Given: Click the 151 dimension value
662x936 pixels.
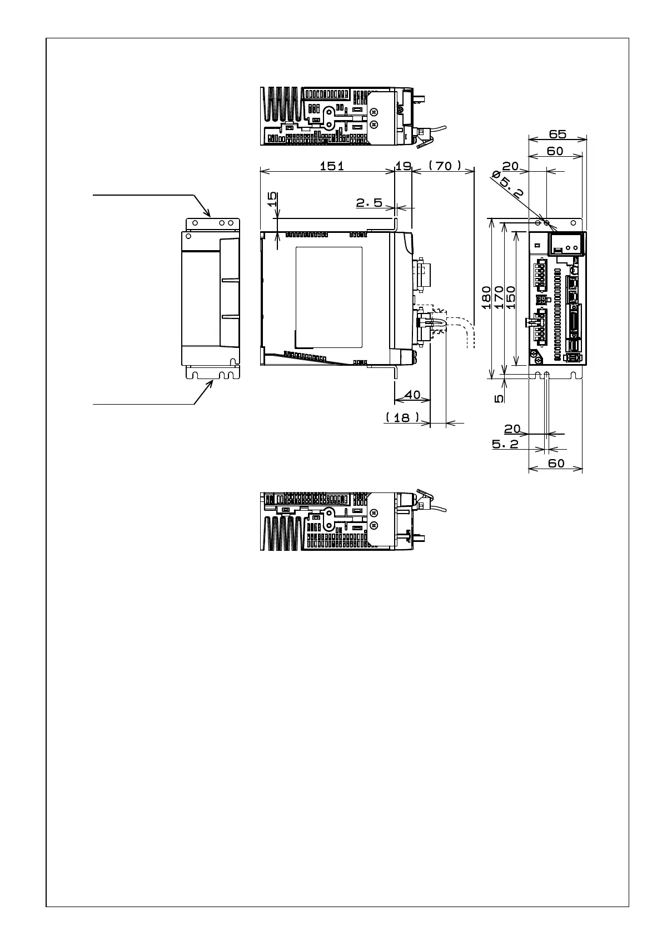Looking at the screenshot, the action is [332, 166].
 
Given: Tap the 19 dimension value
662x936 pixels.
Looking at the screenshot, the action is [403, 166].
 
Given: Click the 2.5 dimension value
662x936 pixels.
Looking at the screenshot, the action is [369, 203].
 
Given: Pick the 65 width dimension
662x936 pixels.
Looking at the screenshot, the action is [557, 134].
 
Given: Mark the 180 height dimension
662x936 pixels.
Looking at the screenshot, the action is [486, 297].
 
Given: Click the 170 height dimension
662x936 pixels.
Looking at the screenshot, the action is [499, 297].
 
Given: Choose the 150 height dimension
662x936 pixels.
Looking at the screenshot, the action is [511, 297].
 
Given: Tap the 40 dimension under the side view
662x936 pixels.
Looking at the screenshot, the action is [412, 395].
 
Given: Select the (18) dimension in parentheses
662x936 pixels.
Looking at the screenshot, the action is [402, 417].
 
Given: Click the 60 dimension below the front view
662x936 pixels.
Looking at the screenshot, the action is [556, 463].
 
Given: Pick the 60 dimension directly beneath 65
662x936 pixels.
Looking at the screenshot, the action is [555, 151].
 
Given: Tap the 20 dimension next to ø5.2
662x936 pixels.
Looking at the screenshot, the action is [510, 166].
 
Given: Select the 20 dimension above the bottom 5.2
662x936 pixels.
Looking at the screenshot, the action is [512, 429].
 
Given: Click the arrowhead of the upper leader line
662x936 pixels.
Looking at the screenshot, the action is [209, 215].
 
